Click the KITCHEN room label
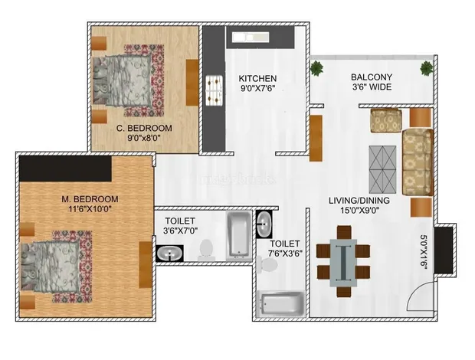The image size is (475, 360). click(257, 78)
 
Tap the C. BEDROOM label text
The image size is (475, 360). click(144, 128)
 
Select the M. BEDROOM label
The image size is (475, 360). click(90, 199)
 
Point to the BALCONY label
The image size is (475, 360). click(372, 77)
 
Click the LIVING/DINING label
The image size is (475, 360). click(359, 201)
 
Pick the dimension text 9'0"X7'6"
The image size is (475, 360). click(257, 89)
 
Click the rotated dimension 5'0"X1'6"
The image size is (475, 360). click(424, 250)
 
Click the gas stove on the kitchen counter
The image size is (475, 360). click(215, 90)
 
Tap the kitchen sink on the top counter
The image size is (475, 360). click(251, 38)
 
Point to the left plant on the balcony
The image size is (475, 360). click(317, 68)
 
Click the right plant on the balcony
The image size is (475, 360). click(427, 68)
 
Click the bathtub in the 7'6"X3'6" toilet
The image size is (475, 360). click(280, 303)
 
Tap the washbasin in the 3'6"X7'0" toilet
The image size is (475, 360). click(169, 253)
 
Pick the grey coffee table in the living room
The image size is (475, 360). click(382, 169)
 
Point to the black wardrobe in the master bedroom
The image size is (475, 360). click(65, 169)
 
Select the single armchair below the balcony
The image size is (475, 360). click(386, 120)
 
